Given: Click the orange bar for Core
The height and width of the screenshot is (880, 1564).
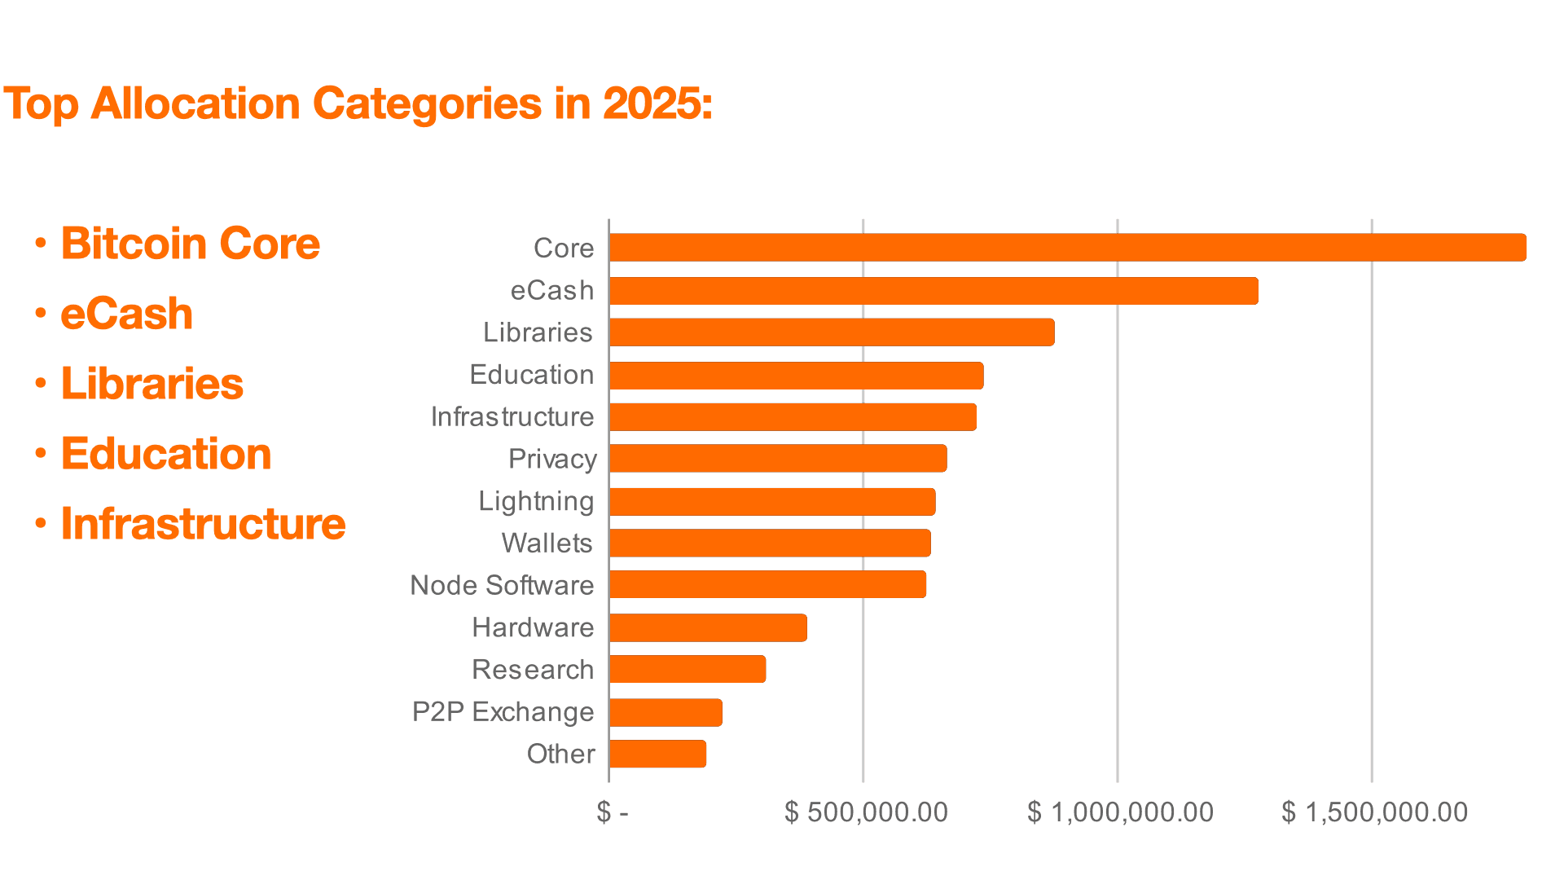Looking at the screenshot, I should click(1067, 248).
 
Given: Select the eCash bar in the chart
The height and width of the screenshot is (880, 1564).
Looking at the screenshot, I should click(934, 291).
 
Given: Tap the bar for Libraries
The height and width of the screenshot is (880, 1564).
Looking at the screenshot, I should click(832, 332).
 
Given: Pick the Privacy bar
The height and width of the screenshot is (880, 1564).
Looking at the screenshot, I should click(778, 459).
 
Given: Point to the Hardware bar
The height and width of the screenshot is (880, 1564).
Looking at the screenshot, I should click(708, 628).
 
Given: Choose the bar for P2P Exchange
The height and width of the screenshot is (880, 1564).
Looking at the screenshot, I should click(666, 712).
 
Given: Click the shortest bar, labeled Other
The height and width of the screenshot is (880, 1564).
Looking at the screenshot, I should click(657, 754).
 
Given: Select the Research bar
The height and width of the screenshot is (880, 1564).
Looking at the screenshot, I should click(688, 670).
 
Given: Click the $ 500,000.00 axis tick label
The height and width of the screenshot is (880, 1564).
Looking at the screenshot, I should click(866, 812).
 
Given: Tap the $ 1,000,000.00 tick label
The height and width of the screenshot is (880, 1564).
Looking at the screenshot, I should click(1120, 812).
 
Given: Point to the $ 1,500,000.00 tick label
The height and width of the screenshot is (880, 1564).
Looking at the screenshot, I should click(1374, 812).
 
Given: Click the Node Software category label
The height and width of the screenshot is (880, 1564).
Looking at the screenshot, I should click(502, 585).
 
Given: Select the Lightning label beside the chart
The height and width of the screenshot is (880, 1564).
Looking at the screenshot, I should click(535, 501).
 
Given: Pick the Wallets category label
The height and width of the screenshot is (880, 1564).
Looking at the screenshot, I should click(547, 543).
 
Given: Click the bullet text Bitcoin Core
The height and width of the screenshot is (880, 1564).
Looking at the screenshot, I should click(191, 244).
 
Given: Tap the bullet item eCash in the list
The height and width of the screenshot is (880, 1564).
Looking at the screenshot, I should click(127, 314).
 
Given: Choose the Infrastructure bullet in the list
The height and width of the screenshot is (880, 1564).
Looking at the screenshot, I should click(203, 523).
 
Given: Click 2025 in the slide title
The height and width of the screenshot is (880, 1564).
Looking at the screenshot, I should click(656, 104).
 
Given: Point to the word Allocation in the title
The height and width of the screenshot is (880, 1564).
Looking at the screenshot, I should click(195, 104).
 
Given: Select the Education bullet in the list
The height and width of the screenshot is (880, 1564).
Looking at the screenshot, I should click(166, 454).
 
